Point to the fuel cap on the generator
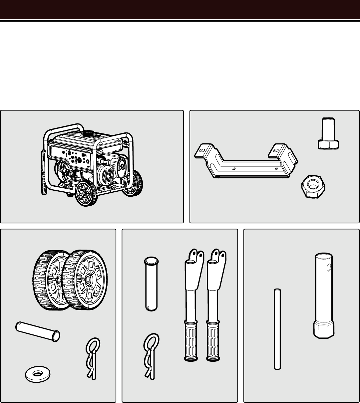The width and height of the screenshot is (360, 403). click(88, 133)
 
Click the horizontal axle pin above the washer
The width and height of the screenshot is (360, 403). click(38, 331)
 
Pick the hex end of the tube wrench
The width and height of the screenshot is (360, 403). click(324, 329)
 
